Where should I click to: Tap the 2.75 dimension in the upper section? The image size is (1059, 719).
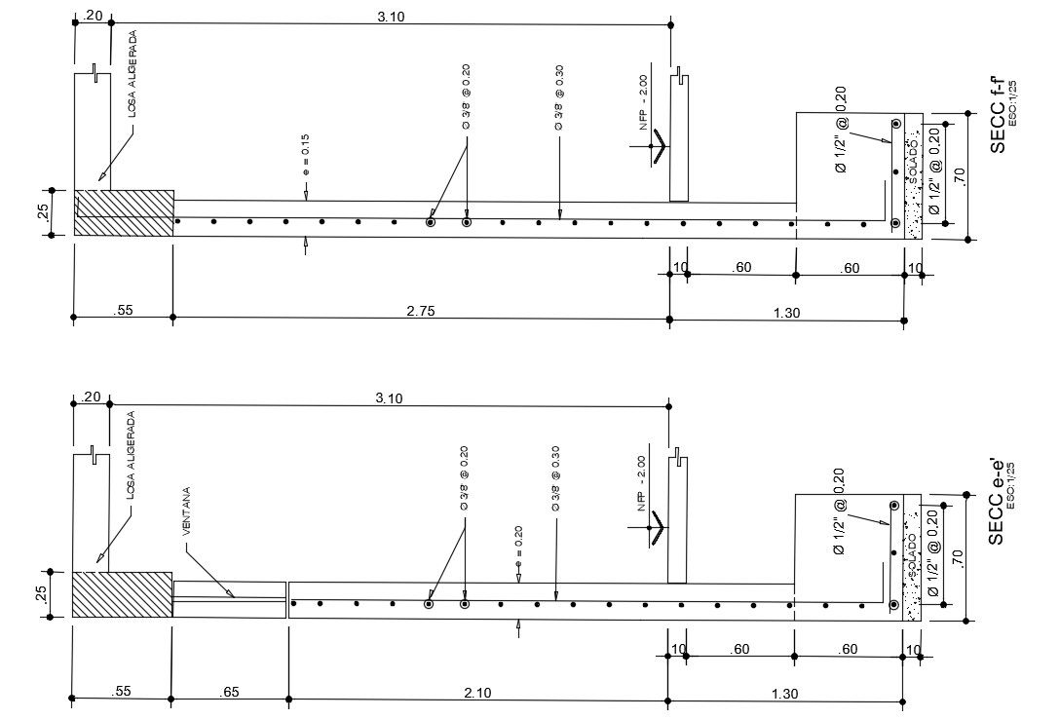[421, 310]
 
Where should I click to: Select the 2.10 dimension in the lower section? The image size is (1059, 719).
[477, 692]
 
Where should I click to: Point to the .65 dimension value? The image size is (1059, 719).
[229, 692]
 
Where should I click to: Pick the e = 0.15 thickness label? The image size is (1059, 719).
[305, 159]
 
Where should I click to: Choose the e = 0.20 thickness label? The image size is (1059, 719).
[518, 543]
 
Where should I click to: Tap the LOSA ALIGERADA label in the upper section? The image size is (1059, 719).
[132, 74]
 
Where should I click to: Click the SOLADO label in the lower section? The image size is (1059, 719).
[912, 555]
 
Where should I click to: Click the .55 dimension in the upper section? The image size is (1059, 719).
[123, 311]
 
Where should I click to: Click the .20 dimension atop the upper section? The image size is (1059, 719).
[93, 15]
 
